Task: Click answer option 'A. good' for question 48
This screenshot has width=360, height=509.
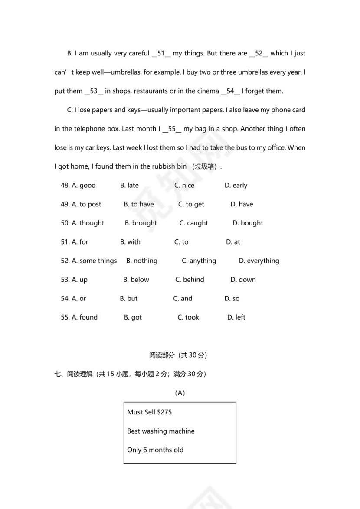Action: (84, 186)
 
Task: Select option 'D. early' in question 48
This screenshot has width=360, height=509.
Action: (236, 186)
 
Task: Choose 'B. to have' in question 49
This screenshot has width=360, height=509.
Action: (139, 204)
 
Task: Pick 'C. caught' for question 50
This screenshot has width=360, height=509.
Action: (194, 223)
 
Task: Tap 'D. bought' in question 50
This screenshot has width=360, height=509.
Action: (248, 223)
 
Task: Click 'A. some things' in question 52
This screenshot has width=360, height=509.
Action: (94, 261)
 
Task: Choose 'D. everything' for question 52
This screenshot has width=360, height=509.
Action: (259, 261)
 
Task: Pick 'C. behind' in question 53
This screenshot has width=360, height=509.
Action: (190, 280)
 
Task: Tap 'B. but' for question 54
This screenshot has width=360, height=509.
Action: (129, 299)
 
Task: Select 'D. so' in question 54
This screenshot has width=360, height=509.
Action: (232, 299)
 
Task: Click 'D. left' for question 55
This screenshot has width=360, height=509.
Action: (236, 317)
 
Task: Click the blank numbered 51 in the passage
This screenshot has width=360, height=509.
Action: (161, 54)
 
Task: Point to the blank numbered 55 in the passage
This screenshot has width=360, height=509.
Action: (172, 129)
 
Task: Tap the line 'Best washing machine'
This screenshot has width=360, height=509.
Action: (161, 431)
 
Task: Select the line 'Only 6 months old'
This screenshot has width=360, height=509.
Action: (155, 450)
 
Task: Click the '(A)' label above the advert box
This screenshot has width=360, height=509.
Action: (180, 393)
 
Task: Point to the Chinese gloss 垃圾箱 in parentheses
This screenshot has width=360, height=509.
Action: (206, 167)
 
